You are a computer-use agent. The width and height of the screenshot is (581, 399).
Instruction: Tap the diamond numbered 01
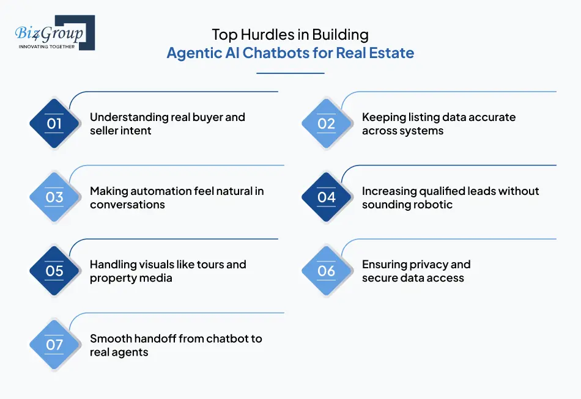54,123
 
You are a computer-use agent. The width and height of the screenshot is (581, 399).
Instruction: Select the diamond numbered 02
327,123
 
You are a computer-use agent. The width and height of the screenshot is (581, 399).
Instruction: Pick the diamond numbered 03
54,197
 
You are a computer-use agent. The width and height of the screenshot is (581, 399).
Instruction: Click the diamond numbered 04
327,197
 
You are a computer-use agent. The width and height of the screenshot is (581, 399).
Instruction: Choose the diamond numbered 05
54,271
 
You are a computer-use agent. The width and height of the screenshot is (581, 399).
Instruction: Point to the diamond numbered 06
327,271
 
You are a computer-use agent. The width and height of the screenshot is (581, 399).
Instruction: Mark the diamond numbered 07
54,344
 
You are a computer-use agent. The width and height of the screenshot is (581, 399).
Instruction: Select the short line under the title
290,73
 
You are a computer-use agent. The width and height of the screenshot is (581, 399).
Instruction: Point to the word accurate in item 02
489,117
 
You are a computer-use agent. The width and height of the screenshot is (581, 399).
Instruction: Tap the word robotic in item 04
431,204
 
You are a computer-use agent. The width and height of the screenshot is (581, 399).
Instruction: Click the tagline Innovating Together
46,46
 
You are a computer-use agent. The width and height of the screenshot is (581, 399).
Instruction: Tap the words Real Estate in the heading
379,53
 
